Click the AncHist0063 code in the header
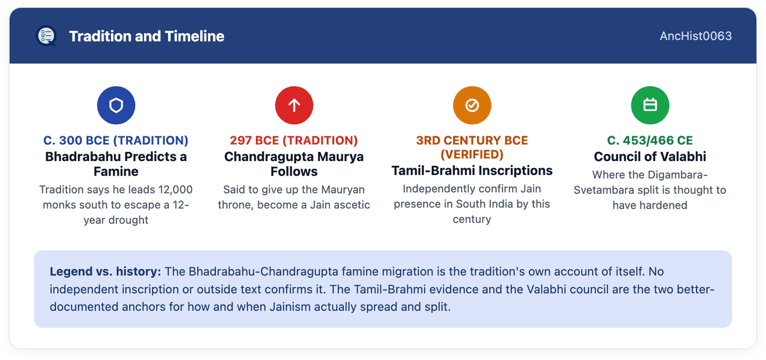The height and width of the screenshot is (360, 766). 695,36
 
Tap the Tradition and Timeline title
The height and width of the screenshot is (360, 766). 147,36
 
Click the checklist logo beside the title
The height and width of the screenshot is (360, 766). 46,36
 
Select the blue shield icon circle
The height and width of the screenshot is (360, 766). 116,106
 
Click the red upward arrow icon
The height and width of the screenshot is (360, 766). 294,106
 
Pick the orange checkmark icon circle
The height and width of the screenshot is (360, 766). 472,106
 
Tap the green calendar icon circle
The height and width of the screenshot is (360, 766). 650,106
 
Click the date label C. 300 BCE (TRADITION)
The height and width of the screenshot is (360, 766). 116,141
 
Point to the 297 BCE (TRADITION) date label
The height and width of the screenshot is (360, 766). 294,141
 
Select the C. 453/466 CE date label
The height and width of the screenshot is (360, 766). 650,141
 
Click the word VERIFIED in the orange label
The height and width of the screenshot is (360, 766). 472,154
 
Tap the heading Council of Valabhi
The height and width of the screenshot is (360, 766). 650,157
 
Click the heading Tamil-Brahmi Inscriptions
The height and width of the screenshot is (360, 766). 472,171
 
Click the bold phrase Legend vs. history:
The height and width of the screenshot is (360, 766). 106,271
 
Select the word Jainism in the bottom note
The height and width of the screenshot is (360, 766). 290,307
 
